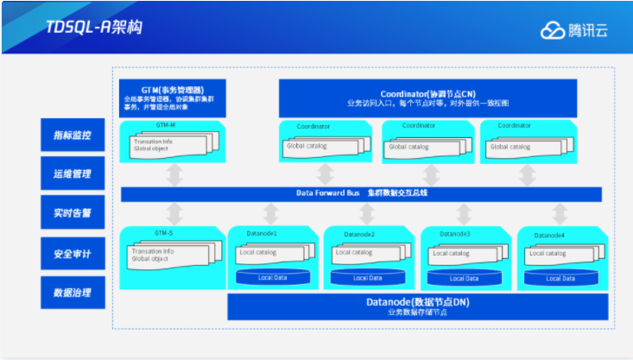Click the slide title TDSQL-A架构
point(94,27)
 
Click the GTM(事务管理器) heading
point(173,90)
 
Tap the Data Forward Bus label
point(327,193)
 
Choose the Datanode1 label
point(263,234)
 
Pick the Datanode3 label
point(455,234)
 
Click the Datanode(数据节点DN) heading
point(415,302)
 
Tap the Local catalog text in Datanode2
point(354,252)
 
